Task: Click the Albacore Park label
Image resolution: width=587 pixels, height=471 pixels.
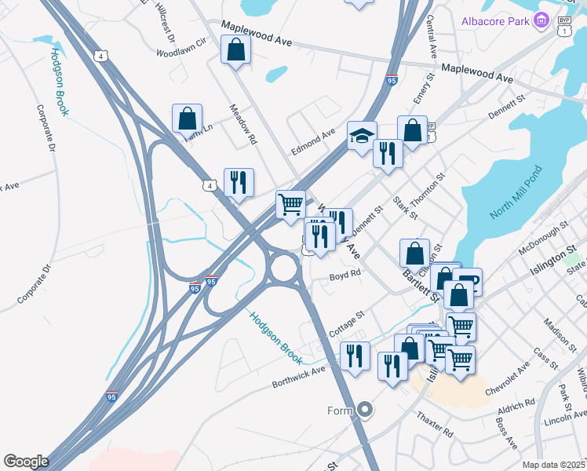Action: (x=495, y=20)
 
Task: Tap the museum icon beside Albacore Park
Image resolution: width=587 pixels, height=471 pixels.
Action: (x=540, y=20)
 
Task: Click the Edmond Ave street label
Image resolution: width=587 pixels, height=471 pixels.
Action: (x=313, y=141)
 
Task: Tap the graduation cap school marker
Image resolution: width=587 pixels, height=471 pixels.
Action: (x=362, y=135)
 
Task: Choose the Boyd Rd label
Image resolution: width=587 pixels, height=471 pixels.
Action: (x=345, y=275)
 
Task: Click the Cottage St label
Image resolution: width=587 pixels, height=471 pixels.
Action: (x=348, y=323)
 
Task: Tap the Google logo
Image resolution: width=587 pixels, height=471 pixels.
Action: (x=26, y=462)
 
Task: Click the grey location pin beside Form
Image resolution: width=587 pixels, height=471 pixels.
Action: (x=364, y=409)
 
